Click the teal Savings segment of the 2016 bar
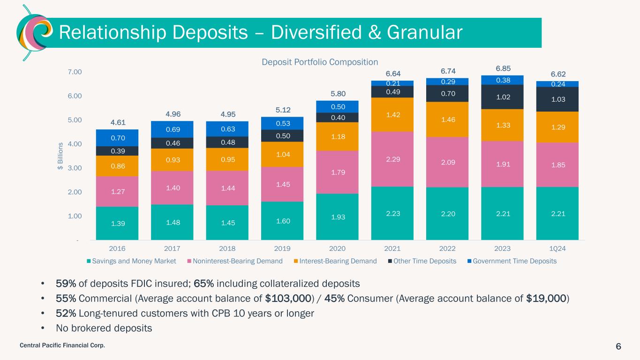coord(117,223)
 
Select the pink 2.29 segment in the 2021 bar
coord(392,159)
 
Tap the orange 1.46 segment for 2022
coord(447,120)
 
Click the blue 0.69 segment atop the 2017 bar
coord(172,129)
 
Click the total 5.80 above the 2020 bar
coord(337,93)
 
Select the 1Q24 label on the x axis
coord(557,248)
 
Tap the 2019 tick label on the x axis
coord(282,248)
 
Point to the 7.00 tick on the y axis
coord(75,72)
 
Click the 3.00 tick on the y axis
coord(75,168)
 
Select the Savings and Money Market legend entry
coord(132,261)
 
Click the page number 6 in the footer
coord(618,346)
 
